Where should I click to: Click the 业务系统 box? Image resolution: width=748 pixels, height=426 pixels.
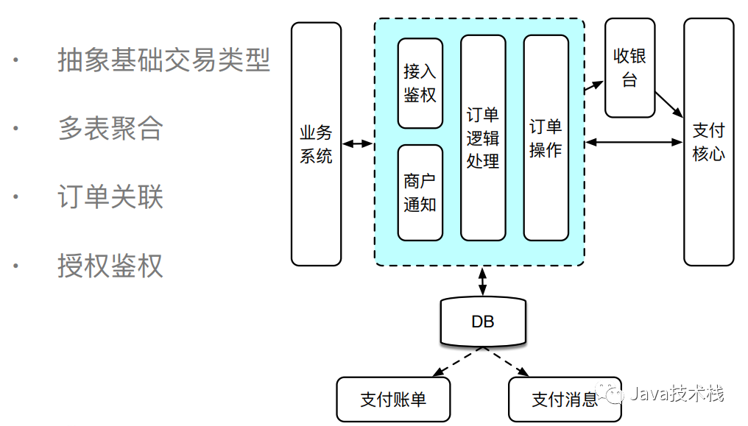pos(316,144)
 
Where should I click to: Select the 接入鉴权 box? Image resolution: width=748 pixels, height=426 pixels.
pos(420,83)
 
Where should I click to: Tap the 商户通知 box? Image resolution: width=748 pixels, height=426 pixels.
pos(420,193)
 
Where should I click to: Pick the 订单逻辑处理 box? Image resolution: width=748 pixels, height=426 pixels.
pos(483,138)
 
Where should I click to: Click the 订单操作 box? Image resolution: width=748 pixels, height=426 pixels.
pos(546,138)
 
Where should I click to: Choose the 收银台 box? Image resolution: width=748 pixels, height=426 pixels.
pos(629,68)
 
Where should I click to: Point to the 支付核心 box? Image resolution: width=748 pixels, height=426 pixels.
pos(708,142)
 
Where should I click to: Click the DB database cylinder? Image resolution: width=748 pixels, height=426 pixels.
pos(483,322)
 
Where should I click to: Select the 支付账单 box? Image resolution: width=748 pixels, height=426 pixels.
pos(393,400)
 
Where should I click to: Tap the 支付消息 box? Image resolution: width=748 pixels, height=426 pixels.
pos(565,400)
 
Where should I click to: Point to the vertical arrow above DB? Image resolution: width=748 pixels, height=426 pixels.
pos(483,281)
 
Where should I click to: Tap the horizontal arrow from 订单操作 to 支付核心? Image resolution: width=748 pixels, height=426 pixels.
pos(634,142)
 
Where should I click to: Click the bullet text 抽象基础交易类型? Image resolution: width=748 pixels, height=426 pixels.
pos(164,60)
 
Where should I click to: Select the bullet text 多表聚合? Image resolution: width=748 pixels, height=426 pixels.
pos(110,129)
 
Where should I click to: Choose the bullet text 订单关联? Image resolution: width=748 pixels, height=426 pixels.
pos(110,197)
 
